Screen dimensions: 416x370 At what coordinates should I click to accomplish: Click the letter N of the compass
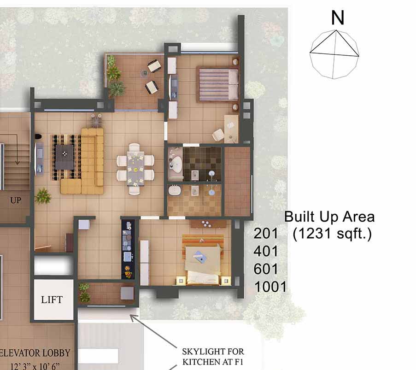[x=338, y=18]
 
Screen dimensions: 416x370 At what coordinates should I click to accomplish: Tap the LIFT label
[x=52, y=300]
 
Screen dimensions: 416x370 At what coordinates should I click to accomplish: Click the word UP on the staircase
[x=16, y=200]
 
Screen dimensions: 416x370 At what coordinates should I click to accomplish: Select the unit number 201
[x=265, y=234]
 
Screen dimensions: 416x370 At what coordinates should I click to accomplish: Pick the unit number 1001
[x=270, y=287]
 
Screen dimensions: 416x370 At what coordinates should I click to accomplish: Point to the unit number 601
[x=265, y=269]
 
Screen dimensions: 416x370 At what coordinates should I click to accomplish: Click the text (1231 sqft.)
[x=332, y=234]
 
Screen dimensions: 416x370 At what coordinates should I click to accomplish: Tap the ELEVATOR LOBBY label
[x=35, y=353]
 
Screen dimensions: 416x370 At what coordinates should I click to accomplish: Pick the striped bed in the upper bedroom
[x=217, y=85]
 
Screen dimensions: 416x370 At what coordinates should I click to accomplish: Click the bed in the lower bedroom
[x=203, y=264]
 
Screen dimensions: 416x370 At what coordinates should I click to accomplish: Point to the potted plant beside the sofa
[x=43, y=196]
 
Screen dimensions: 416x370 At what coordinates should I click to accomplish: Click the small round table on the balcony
[x=145, y=73]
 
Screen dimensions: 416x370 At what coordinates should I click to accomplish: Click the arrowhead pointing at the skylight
[x=133, y=317]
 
